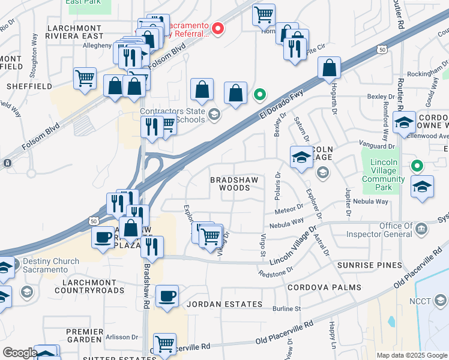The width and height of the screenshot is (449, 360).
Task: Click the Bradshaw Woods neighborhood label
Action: [x=229, y=184]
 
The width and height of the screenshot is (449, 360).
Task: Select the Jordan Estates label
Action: [x=224, y=304]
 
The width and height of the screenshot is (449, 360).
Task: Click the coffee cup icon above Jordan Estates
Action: [x=167, y=296]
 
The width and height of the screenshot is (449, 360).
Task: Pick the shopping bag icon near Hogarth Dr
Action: [x=330, y=68]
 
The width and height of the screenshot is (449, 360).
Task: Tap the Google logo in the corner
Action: [x=20, y=353]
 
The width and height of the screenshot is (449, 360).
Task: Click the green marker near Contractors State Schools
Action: [x=260, y=94]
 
